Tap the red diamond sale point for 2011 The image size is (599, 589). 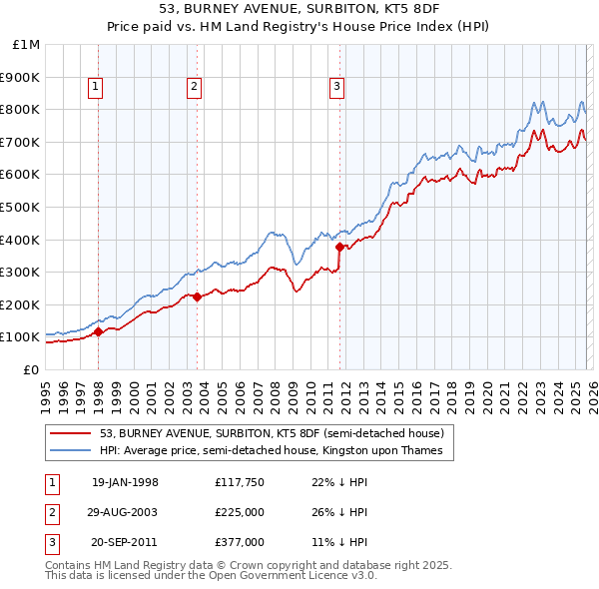tap(340, 246)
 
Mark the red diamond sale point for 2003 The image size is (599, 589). tap(197, 295)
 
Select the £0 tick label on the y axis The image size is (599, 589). tap(31, 369)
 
